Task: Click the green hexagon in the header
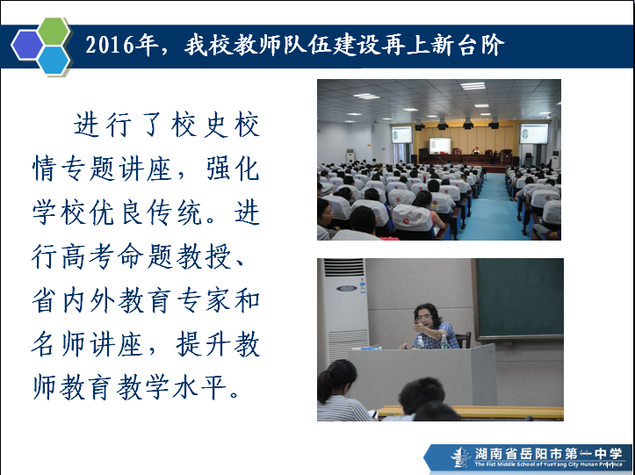(54, 32)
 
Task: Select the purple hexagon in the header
(27, 46)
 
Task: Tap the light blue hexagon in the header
(54, 60)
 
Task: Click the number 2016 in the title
(109, 45)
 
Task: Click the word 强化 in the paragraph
(233, 169)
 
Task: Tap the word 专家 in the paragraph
(203, 300)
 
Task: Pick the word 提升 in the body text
(203, 344)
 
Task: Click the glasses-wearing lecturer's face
(424, 318)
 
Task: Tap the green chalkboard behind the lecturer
(519, 299)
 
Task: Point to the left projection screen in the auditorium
(401, 134)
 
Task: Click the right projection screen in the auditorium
(534, 133)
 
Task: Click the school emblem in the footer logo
(460, 457)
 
